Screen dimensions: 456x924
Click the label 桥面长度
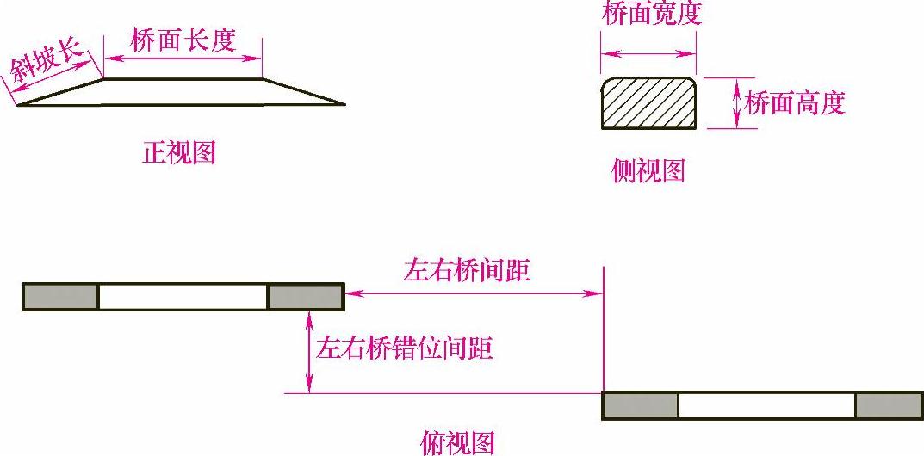coord(183,40)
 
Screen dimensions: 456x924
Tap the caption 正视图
coord(179,153)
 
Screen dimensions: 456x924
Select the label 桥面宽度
coord(652,15)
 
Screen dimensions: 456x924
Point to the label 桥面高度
coord(795,103)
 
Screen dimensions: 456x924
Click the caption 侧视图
coord(648,171)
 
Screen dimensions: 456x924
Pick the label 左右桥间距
coord(467,271)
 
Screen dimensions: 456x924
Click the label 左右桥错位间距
coord(405,348)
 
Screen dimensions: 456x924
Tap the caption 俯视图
coord(457,442)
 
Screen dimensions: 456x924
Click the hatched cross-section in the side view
coord(648,103)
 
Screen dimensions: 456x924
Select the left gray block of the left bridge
coord(61,296)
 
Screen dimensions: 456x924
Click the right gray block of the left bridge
coord(306,296)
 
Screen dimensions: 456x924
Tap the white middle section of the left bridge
coord(183,296)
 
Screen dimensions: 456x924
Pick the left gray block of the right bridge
coord(640,405)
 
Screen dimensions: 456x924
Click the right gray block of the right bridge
coord(889,405)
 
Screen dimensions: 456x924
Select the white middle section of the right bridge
coord(766,405)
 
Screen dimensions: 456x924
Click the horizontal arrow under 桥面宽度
coord(648,54)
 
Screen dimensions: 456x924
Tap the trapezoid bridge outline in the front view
coord(182,92)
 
